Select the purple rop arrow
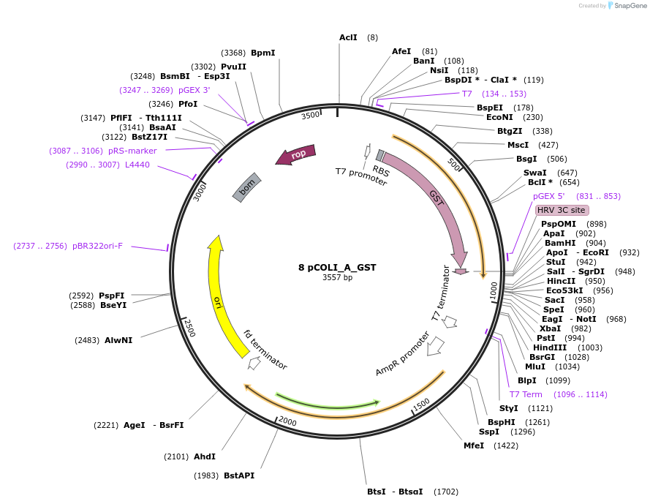click(x=295, y=154)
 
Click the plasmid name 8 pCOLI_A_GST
click(x=337, y=268)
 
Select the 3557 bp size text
click(x=337, y=278)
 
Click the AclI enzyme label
click(x=348, y=37)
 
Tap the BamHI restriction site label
click(x=559, y=243)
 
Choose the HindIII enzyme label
click(x=549, y=347)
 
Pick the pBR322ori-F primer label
click(x=97, y=246)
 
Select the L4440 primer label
click(x=137, y=165)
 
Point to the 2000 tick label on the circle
click(x=287, y=422)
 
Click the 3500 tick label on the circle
click(x=311, y=115)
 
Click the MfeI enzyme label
click(x=473, y=445)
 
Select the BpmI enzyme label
click(x=262, y=53)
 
